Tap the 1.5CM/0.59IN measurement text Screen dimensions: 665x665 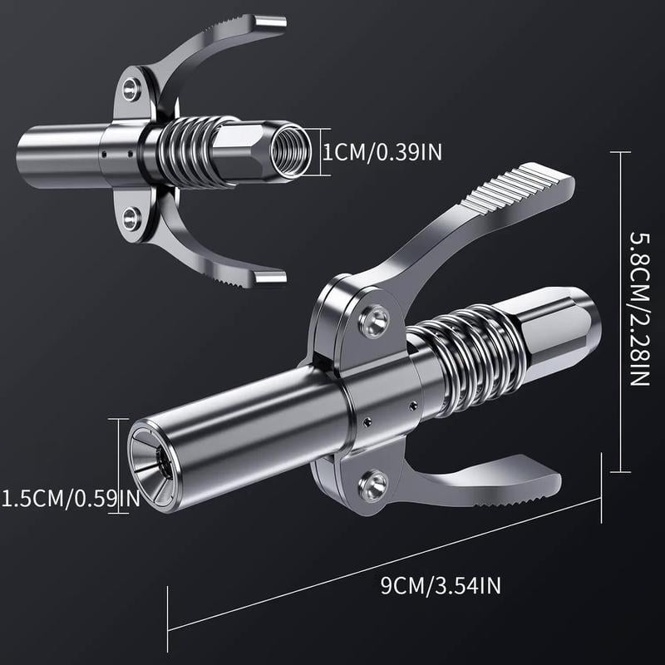[x=71, y=499]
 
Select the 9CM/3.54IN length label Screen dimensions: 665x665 [x=441, y=587]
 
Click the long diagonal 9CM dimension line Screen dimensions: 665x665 [x=382, y=544]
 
